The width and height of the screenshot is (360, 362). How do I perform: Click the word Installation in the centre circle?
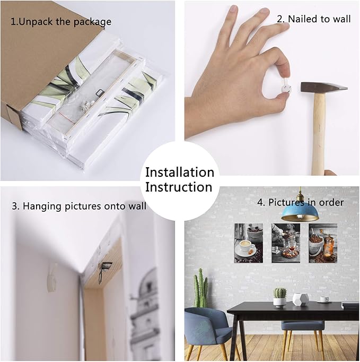point(180,173)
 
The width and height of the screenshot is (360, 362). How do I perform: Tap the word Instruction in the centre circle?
point(179,187)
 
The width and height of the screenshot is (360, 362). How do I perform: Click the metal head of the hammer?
point(324,87)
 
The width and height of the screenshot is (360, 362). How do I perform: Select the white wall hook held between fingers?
point(286,87)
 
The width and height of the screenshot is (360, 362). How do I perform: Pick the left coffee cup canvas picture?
point(249,243)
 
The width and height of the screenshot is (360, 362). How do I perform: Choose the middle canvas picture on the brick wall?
point(286,243)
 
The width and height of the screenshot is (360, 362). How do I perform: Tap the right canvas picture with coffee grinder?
point(323,243)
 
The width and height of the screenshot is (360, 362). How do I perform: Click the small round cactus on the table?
point(280,293)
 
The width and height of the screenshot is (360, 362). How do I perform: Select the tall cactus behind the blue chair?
point(200,288)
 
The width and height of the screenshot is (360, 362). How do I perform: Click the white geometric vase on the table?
point(299,299)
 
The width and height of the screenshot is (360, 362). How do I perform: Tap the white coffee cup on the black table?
point(324,299)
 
